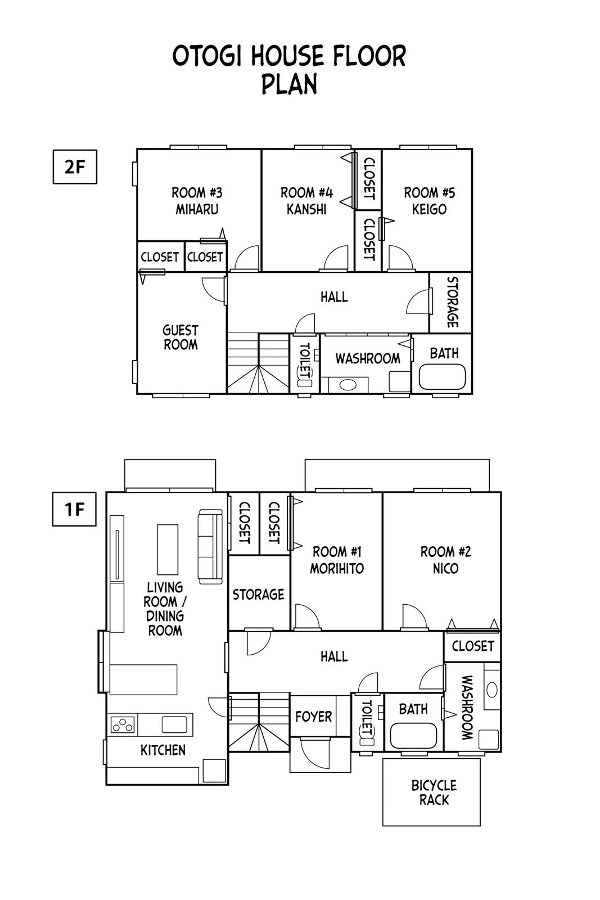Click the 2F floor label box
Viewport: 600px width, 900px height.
point(75,166)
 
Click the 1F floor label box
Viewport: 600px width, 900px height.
point(74,509)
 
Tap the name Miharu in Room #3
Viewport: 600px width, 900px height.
point(197,209)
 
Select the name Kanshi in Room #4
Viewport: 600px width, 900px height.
point(306,209)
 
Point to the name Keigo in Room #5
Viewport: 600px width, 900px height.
point(429,209)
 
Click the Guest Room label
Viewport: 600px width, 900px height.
point(181,337)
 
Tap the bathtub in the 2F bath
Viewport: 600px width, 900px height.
point(442,377)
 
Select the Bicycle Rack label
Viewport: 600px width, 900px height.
point(434,793)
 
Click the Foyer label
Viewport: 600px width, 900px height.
point(314,717)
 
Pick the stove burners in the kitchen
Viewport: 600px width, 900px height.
point(123,724)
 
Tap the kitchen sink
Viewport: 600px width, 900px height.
point(174,724)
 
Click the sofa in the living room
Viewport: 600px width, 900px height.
point(210,546)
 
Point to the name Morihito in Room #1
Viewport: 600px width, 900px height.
point(336,569)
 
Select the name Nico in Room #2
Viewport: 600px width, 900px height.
point(445,569)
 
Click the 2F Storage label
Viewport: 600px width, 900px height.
point(453,302)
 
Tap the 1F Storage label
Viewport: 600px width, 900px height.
point(258,595)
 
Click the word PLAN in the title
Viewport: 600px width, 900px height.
point(289,84)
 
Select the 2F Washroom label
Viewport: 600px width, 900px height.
point(368,358)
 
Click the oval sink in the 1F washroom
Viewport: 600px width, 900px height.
point(492,690)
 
